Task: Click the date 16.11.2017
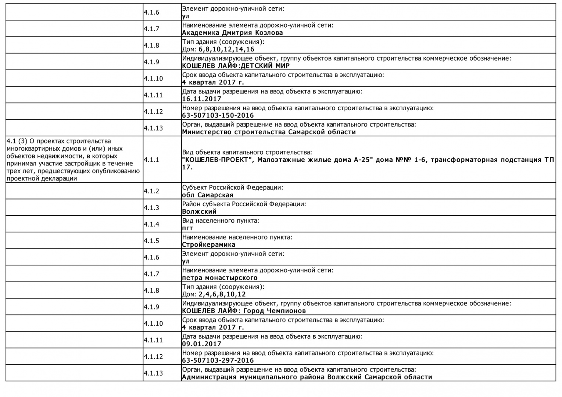click(x=201, y=99)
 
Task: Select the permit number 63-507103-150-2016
click(x=218, y=115)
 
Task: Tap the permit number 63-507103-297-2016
click(x=218, y=361)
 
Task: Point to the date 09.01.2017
click(x=201, y=344)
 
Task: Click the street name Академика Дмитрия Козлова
click(x=232, y=33)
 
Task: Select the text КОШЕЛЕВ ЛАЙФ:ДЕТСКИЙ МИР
click(x=236, y=66)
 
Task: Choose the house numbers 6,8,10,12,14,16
click(x=226, y=49)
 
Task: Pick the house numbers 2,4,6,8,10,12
click(x=222, y=294)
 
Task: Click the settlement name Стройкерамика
click(x=208, y=245)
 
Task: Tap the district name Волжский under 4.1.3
click(x=199, y=212)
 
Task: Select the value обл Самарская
click(x=207, y=195)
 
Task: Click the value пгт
click(x=187, y=228)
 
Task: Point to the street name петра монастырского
click(x=219, y=278)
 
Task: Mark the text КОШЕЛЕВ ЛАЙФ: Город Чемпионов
click(x=244, y=311)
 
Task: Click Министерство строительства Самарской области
click(x=269, y=132)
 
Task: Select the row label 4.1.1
click(x=151, y=160)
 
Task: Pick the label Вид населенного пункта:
click(x=221, y=221)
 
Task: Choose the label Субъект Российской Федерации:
click(x=233, y=187)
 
